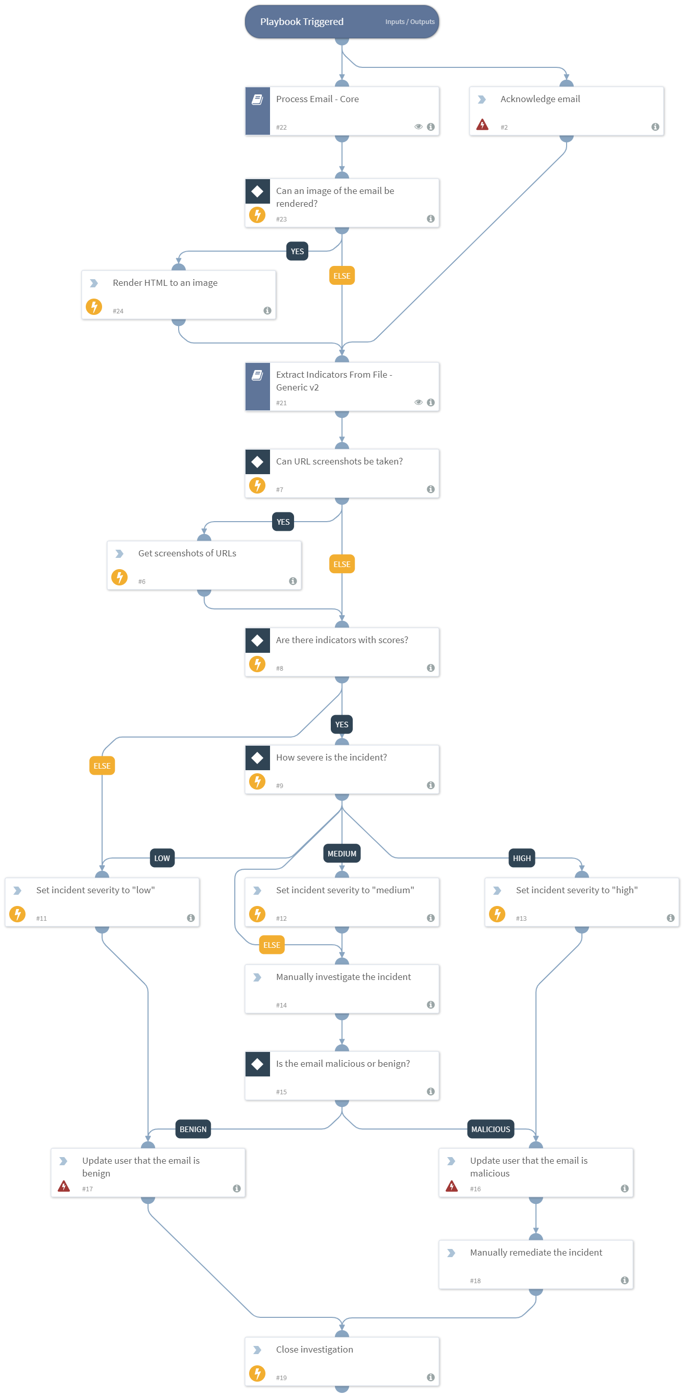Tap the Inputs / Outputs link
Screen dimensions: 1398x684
410,22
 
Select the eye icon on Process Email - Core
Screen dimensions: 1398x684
418,127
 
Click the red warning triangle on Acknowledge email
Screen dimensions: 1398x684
482,126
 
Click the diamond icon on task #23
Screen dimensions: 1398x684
257,191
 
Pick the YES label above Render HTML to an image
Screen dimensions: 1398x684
297,251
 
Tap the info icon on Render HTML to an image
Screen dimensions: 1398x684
267,310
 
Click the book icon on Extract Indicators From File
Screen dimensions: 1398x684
257,375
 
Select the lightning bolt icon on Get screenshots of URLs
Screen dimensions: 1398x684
119,577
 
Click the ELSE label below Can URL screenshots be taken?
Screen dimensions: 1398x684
341,565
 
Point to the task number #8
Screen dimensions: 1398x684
280,669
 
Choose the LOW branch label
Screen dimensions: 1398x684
162,858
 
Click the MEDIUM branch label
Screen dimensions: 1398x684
341,854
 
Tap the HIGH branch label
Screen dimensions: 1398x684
521,858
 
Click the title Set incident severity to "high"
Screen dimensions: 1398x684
576,890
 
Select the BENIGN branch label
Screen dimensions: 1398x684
193,1130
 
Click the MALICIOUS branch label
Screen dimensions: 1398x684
490,1130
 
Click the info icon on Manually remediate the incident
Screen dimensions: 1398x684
624,1280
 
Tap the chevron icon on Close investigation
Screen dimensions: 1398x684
257,1350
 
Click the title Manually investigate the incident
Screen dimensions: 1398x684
343,977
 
